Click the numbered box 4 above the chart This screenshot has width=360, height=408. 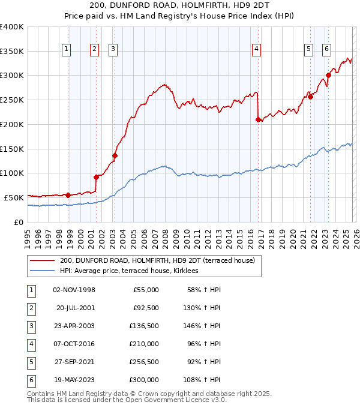256,49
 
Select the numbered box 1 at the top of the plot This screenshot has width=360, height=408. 66,49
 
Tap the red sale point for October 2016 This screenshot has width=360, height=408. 258,119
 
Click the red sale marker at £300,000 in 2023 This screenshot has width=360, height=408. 328,75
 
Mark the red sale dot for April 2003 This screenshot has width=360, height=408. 115,155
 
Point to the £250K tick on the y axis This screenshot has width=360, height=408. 12,100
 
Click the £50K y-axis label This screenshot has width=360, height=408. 13,197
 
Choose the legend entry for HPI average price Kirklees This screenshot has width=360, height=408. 133,271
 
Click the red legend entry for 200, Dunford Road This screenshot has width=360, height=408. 157,260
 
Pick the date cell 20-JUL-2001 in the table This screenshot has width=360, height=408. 76,308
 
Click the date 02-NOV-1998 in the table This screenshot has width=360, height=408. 74,290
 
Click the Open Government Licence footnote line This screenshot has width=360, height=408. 127,399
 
